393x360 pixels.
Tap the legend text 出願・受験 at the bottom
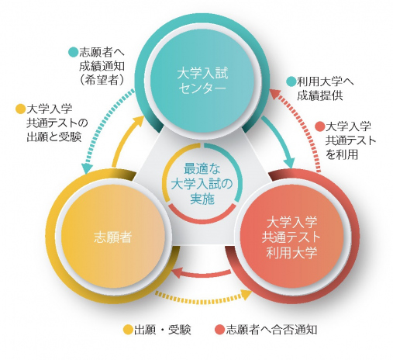164,329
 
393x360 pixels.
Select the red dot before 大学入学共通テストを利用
319,126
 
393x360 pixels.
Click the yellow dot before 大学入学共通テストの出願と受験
21,109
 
